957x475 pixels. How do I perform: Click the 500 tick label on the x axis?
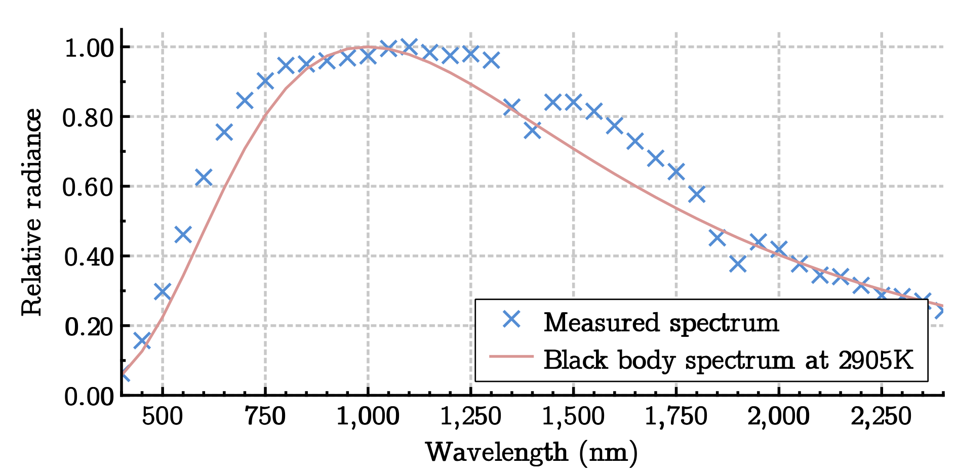(x=162, y=417)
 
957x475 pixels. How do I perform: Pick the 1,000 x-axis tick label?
(x=368, y=417)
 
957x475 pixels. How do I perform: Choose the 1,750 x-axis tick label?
(x=676, y=417)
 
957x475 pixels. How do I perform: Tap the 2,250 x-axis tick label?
(x=881, y=417)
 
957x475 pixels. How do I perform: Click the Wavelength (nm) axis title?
(x=532, y=452)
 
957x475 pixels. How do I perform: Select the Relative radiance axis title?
(x=31, y=212)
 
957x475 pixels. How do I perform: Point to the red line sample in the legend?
(x=512, y=357)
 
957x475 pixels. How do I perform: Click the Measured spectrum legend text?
(x=661, y=322)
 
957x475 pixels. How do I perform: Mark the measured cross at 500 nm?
(x=162, y=291)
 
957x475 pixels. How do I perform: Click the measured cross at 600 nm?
(x=203, y=178)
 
